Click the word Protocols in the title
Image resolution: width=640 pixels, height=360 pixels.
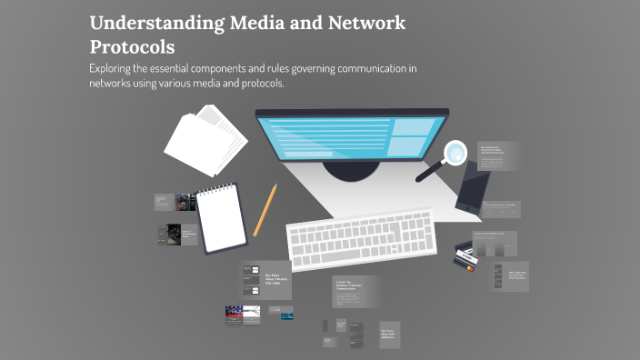(132, 46)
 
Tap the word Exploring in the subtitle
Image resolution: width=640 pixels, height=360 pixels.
(115, 69)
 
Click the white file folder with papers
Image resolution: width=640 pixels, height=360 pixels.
(205, 141)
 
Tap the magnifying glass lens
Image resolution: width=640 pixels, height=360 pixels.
(455, 151)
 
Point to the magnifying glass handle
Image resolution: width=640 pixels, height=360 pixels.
(430, 170)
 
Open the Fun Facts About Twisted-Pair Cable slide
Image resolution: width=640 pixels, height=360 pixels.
(266, 279)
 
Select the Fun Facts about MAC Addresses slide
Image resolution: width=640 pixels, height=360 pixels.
(391, 334)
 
